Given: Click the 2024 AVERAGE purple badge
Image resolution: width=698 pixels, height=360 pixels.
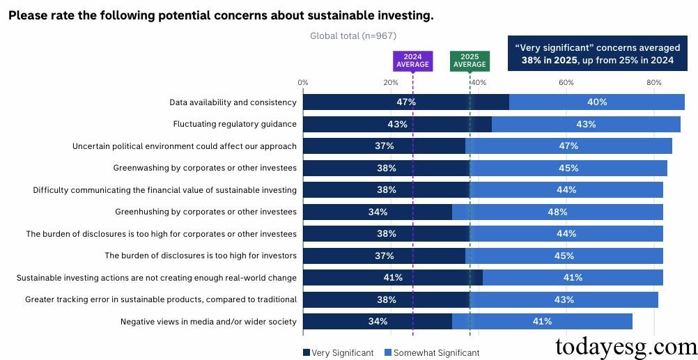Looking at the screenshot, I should click(x=412, y=61).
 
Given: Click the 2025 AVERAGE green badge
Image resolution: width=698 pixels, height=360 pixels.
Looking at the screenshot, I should click(x=470, y=61).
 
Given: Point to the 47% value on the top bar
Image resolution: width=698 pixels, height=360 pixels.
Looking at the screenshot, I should click(x=406, y=102).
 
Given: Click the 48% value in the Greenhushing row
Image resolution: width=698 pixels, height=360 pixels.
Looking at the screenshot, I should click(x=557, y=212).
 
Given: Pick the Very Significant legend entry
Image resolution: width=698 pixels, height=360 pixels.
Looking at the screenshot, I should click(x=339, y=353).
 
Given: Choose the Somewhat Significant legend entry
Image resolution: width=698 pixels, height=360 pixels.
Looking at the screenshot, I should click(x=432, y=353).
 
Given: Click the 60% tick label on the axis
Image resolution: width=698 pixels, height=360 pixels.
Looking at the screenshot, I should click(x=566, y=83).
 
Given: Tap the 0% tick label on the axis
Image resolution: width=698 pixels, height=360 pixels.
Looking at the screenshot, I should click(x=303, y=83).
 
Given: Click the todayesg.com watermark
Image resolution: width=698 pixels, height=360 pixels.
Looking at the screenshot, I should click(x=625, y=346).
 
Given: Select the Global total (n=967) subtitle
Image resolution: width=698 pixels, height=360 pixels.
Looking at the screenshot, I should click(x=352, y=36).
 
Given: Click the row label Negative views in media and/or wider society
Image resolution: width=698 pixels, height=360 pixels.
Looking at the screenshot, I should click(x=208, y=322).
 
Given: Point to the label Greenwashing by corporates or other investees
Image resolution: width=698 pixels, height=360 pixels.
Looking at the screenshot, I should click(x=205, y=168).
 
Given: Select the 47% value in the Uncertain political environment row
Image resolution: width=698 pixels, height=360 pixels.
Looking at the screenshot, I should click(x=568, y=146).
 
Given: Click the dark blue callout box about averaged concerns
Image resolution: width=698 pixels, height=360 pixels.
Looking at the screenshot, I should click(x=597, y=54).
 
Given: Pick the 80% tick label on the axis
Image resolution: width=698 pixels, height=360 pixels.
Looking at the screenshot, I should click(x=653, y=83).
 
